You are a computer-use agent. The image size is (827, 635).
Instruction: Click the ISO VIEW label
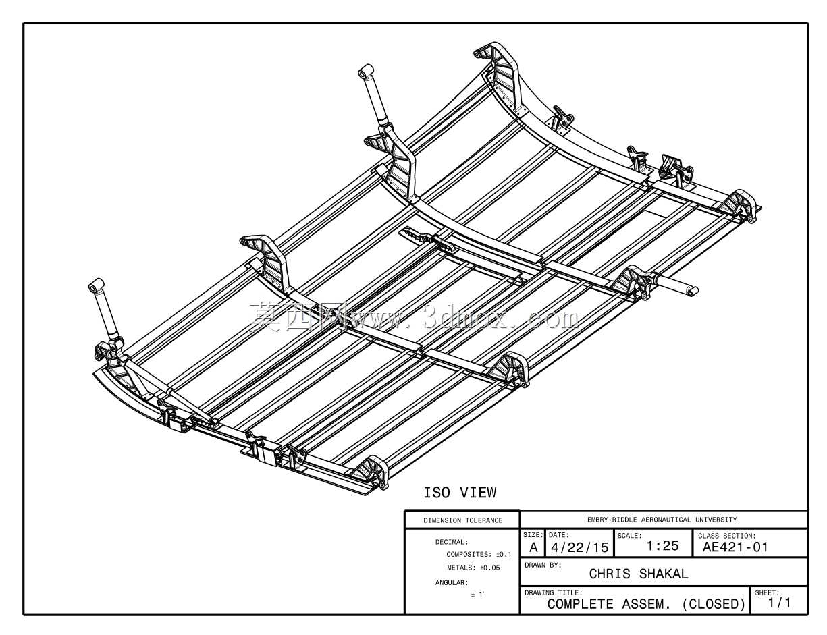coord(460,493)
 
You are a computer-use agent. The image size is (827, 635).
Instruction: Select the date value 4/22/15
coord(580,547)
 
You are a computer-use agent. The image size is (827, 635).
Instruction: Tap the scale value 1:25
coord(662,546)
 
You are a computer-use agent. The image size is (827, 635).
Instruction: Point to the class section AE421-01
coord(735,547)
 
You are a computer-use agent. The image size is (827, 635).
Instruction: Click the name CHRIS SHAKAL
coord(639,574)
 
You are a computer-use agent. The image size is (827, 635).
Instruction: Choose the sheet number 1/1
coord(780,603)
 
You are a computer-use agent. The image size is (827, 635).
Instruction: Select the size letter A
coord(533,547)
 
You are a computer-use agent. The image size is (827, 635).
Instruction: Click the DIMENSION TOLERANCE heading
coord(463,520)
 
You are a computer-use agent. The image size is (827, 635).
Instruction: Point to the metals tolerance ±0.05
coord(490,568)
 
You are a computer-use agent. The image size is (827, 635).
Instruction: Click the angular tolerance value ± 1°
coord(477,595)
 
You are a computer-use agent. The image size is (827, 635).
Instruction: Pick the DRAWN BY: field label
coord(543,565)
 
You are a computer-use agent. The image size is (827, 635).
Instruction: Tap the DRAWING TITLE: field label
coord(554,592)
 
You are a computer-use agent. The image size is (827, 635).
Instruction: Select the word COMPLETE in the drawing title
coord(581,604)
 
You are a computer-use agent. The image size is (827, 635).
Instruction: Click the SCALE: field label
coord(629,536)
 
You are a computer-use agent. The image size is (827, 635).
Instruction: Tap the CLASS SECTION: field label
coord(727,536)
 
